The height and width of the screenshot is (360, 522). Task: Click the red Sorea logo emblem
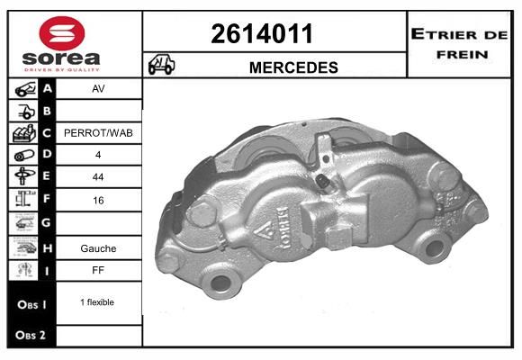tap(62, 33)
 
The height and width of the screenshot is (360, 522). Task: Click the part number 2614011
tap(262, 33)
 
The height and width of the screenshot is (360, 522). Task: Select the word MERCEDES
tap(293, 67)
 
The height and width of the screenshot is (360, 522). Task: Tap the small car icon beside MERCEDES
tap(161, 64)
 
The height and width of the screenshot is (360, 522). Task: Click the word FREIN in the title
tap(462, 54)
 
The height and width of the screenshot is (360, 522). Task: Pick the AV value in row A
tap(98, 89)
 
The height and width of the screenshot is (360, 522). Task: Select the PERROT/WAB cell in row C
tap(98, 133)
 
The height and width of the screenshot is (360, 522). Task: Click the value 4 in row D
tap(98, 155)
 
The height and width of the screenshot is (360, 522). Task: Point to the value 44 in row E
tap(98, 177)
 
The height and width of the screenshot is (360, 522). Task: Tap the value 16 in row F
tap(98, 201)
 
